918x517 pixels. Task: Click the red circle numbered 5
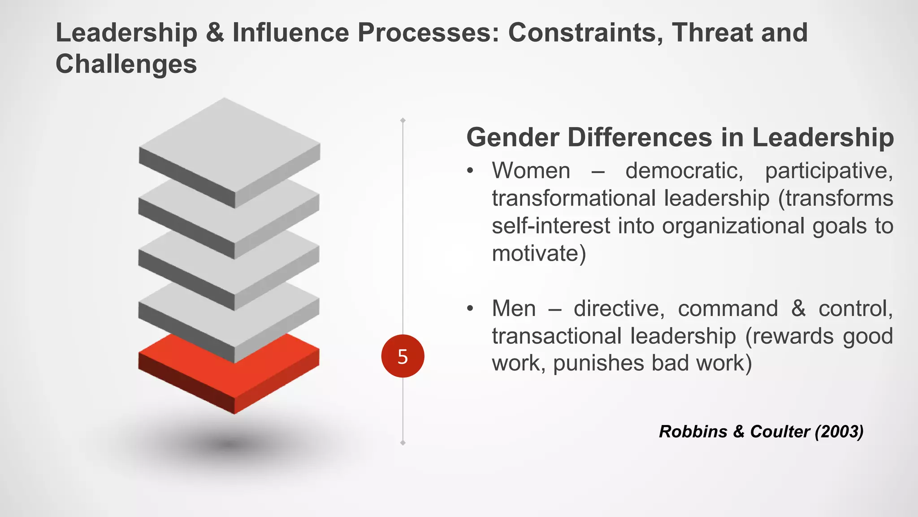403,356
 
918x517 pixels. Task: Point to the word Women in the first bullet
531,171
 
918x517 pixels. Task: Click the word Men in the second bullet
514,309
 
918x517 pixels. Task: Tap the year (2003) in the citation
839,432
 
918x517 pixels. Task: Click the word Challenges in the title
126,64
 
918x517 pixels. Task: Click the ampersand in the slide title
215,33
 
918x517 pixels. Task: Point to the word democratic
684,171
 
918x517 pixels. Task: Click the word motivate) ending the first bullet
539,254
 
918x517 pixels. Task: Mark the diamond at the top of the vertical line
403,120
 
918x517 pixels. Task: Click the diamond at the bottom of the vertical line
403,443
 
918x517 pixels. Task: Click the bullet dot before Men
470,309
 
